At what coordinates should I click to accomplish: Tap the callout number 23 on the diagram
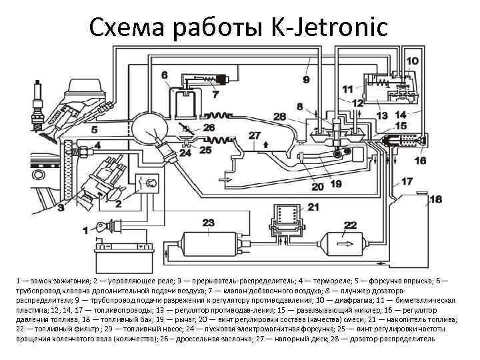click(x=208, y=222)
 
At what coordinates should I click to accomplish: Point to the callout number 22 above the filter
click(x=349, y=225)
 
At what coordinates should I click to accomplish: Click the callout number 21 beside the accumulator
click(x=313, y=207)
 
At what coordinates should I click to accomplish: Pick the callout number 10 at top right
click(x=413, y=61)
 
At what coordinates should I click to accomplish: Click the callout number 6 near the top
click(x=164, y=75)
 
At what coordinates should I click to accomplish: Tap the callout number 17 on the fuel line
click(x=406, y=181)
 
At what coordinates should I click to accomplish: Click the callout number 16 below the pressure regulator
click(x=420, y=160)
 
